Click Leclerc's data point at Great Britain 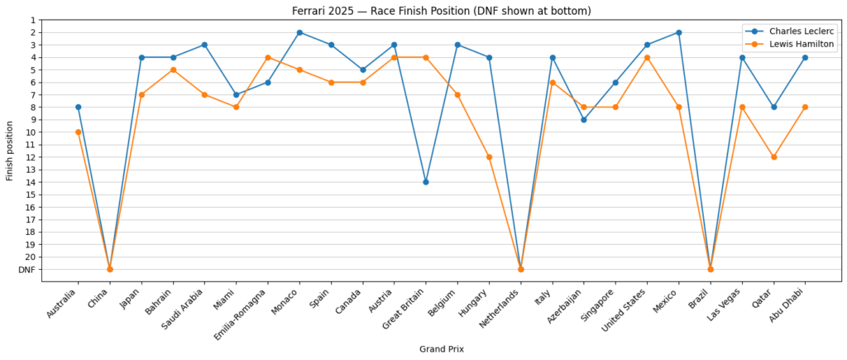426,182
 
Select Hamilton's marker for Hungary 489,157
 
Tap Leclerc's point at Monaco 299,32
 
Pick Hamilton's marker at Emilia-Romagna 268,57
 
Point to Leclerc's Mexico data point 678,32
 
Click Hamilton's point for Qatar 773,157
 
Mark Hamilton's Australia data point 79,132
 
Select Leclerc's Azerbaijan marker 584,120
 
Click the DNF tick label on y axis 26,270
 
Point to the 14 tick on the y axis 31,182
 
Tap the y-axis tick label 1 33,20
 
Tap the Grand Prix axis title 441,349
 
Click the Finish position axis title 10,151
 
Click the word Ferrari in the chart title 309,11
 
